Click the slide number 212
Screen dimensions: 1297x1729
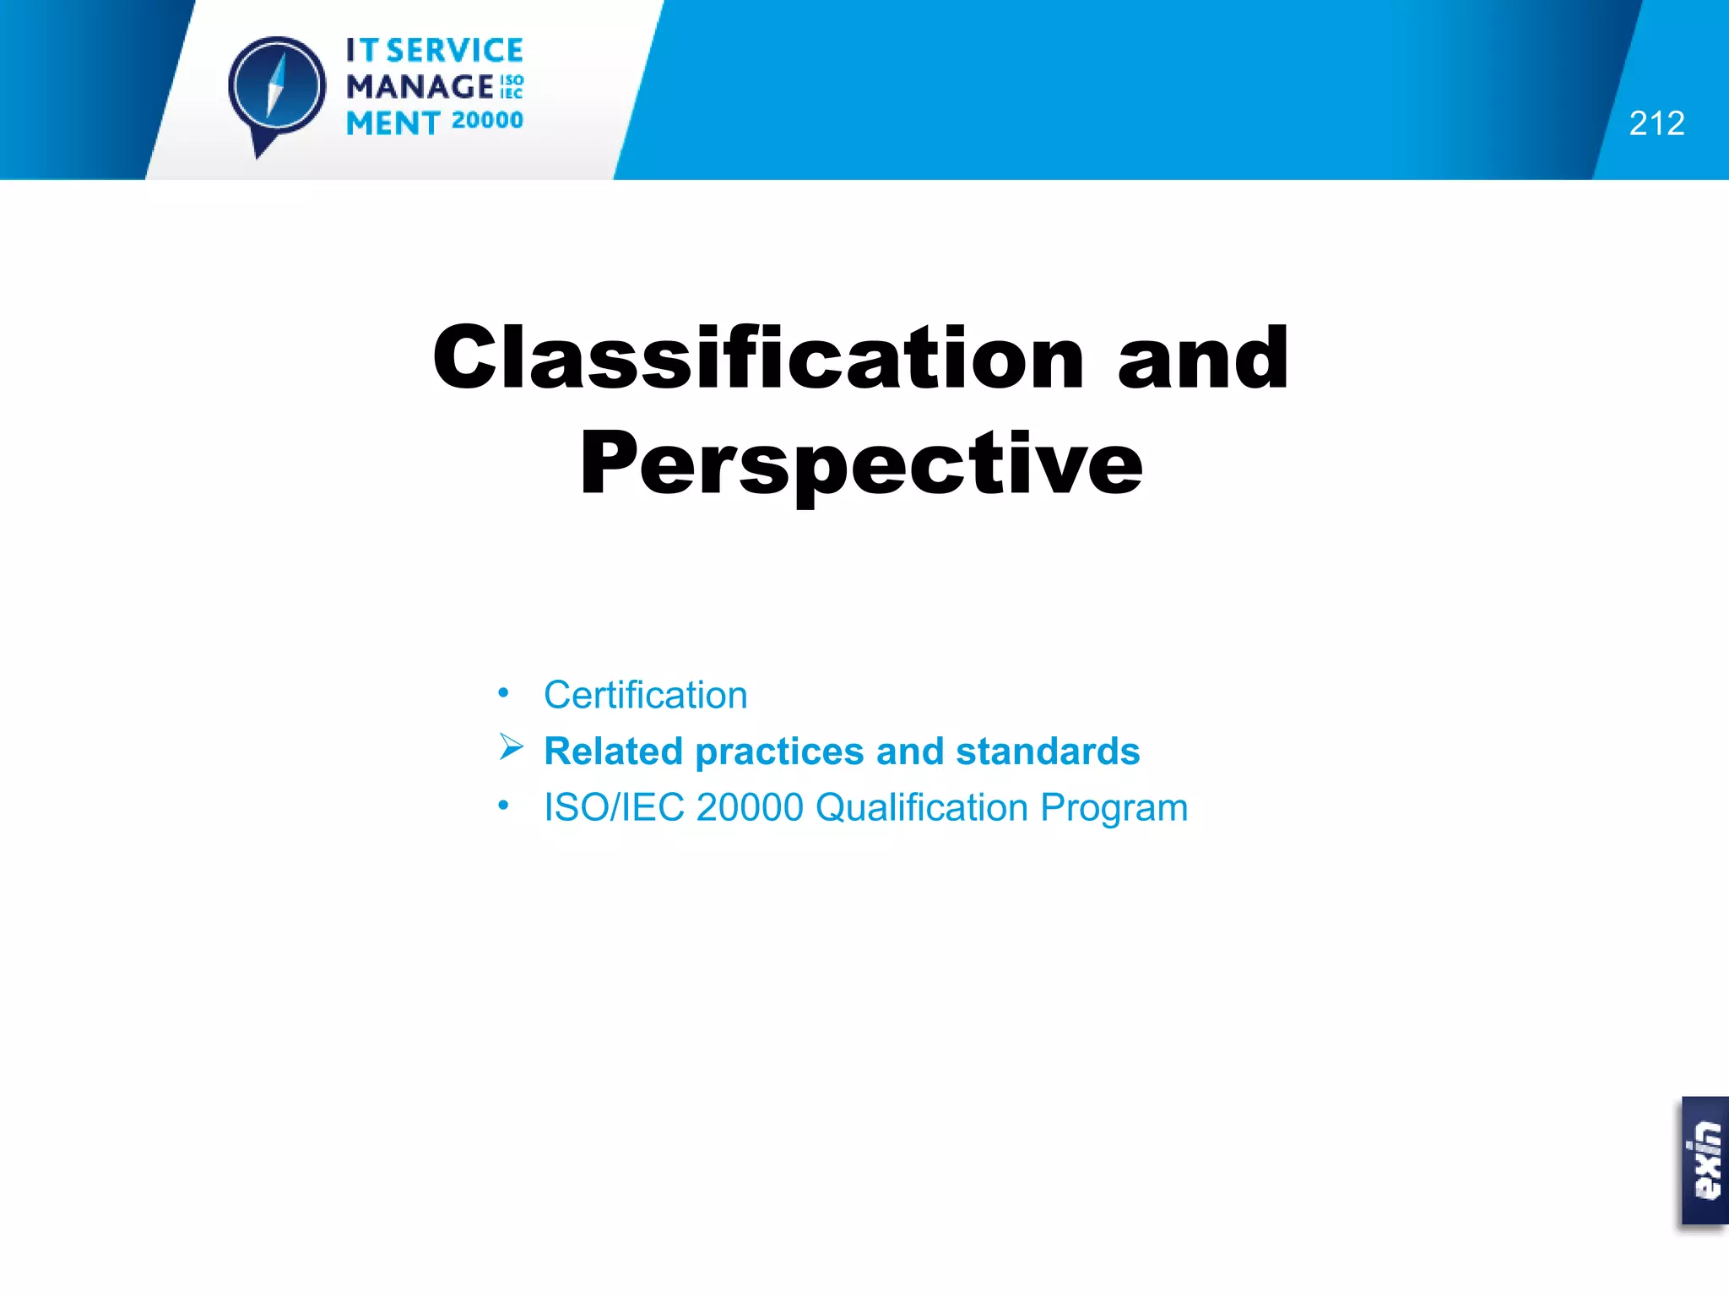pos(1656,123)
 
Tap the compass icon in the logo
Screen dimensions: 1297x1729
pos(276,88)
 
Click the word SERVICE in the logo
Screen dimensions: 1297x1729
pos(455,51)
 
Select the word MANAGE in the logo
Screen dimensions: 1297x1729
pos(420,86)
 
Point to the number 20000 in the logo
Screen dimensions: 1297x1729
pos(487,121)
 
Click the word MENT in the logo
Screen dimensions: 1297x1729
pos(393,123)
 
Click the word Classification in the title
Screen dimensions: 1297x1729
pos(757,358)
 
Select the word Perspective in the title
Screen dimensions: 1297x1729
pos(861,464)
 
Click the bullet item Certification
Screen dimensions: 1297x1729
pos(646,695)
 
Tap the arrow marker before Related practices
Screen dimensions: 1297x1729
pos(511,747)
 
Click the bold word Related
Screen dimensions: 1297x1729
pos(613,751)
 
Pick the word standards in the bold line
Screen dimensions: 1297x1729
pos(1047,751)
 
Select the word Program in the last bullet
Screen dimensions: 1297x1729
pos(1114,808)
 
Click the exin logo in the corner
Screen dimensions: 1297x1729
pos(1705,1161)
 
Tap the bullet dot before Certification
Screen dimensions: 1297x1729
pos(503,693)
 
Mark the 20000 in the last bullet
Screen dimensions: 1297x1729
pos(750,807)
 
